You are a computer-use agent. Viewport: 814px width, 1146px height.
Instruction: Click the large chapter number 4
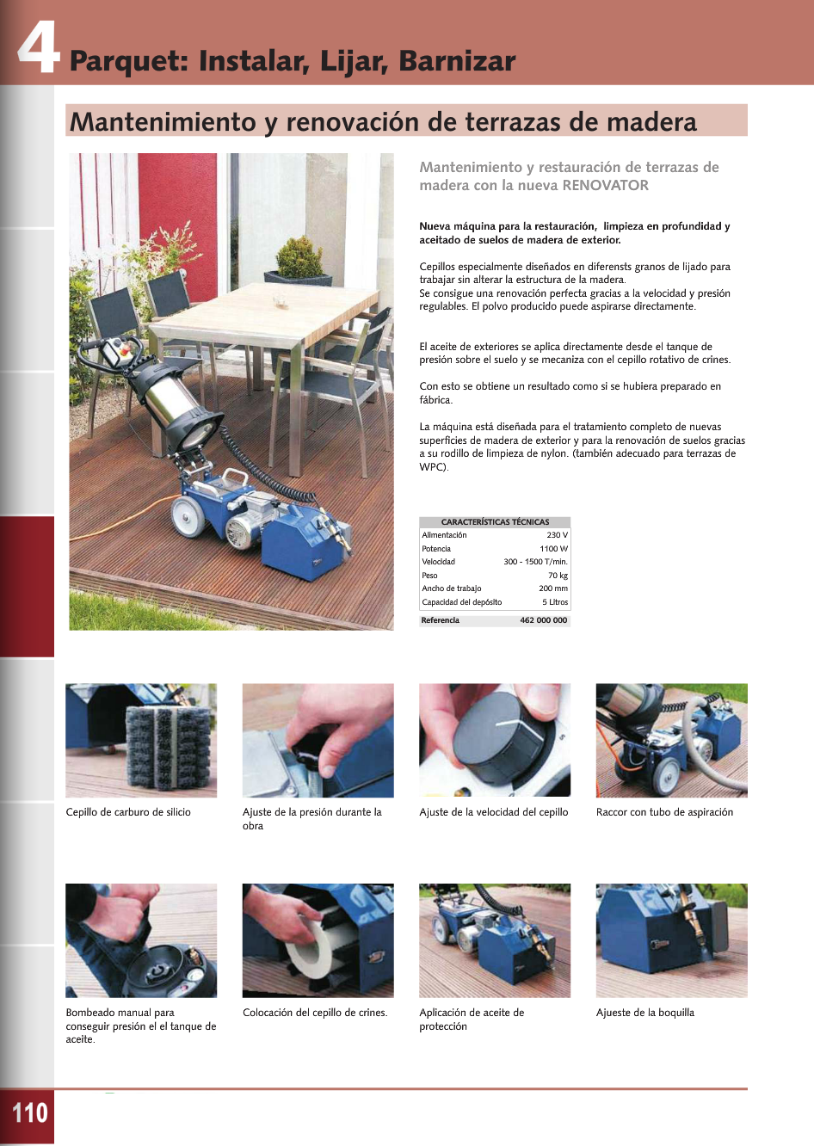pyautogui.click(x=39, y=48)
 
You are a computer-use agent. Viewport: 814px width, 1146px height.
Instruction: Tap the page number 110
pyautogui.click(x=29, y=1112)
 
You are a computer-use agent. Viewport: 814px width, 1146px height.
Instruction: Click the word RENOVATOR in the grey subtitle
pyautogui.click(x=605, y=185)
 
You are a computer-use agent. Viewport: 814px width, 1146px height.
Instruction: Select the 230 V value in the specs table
pyautogui.click(x=558, y=535)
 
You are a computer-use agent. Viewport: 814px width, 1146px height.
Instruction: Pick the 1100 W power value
pyautogui.click(x=553, y=548)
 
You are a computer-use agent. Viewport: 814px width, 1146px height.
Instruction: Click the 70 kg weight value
pyautogui.click(x=558, y=576)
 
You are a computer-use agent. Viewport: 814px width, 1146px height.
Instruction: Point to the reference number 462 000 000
pyautogui.click(x=543, y=620)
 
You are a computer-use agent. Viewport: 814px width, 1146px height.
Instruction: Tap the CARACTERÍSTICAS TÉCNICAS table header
pyautogui.click(x=495, y=522)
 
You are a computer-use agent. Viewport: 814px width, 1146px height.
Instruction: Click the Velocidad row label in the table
pyautogui.click(x=439, y=562)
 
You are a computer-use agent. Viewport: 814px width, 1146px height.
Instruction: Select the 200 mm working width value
pyautogui.click(x=553, y=588)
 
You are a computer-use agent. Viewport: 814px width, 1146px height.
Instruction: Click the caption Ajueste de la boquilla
pyautogui.click(x=644, y=1013)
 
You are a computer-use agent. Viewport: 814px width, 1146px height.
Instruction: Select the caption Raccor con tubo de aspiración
pyautogui.click(x=664, y=812)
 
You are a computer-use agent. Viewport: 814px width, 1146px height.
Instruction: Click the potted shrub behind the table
pyautogui.click(x=299, y=258)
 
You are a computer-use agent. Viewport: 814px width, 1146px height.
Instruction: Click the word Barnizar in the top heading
pyautogui.click(x=457, y=61)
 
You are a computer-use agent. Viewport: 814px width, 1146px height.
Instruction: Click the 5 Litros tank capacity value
pyautogui.click(x=555, y=602)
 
